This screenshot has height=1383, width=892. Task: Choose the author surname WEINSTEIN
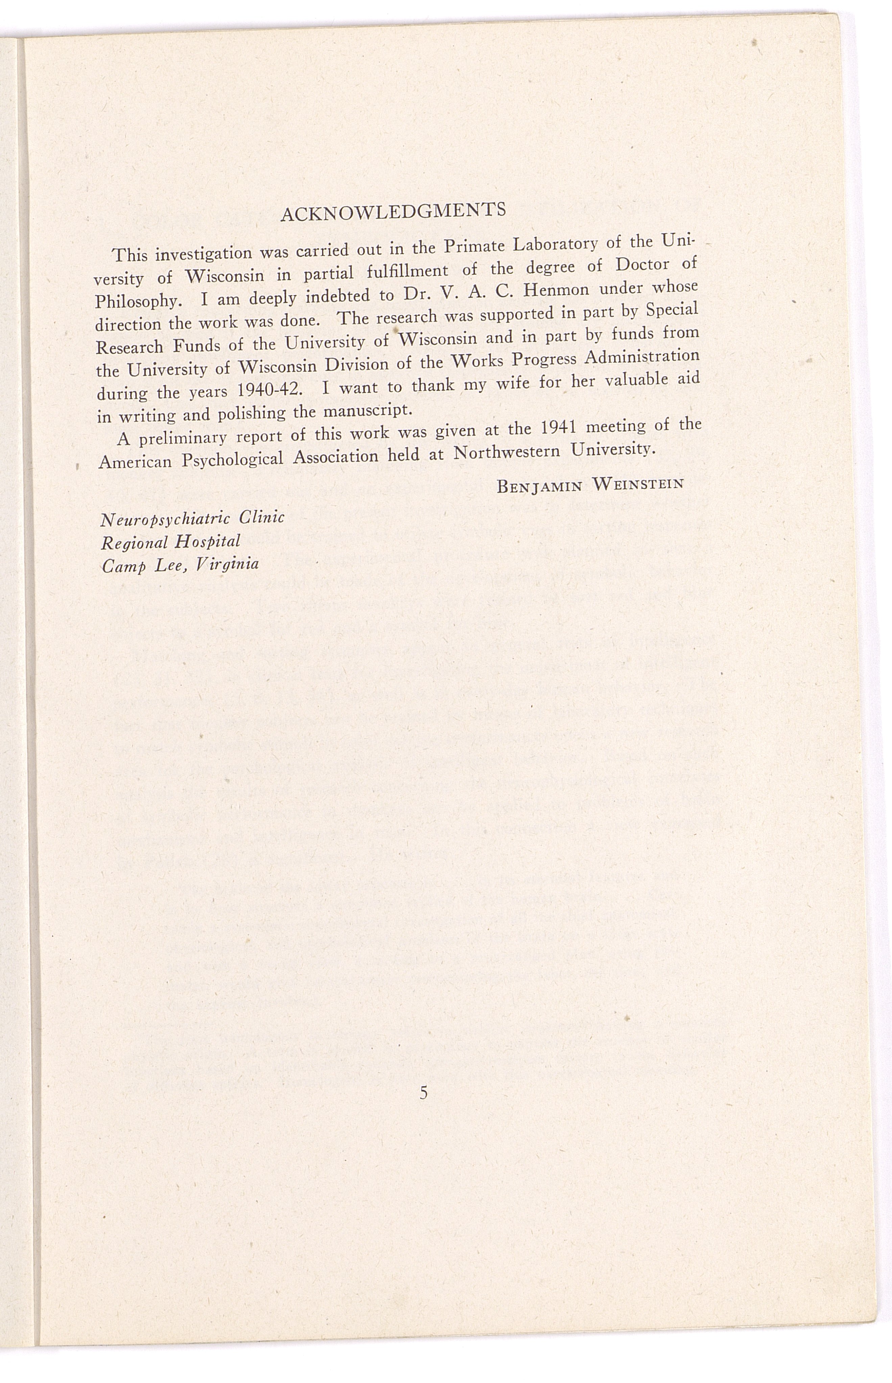coord(638,483)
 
